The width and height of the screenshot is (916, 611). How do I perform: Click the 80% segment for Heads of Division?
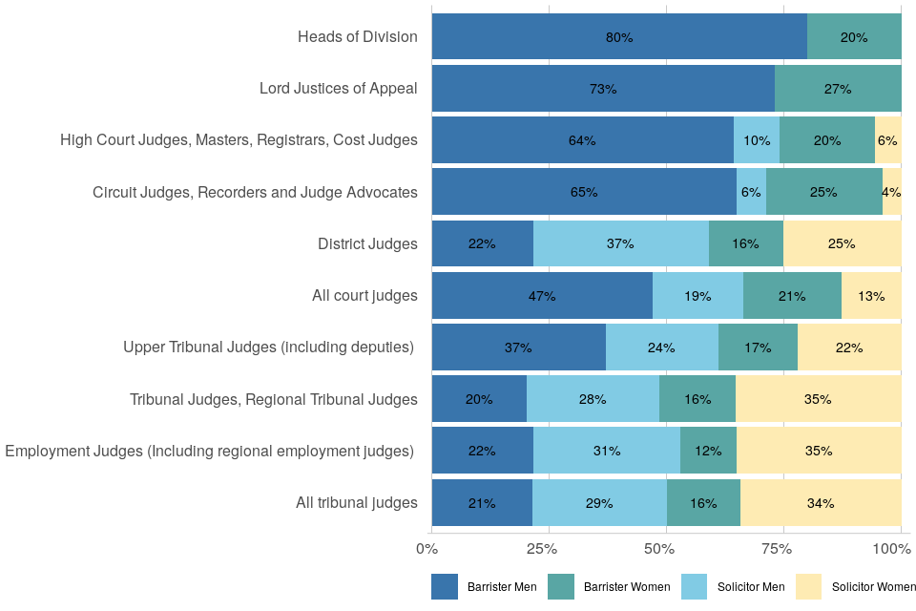click(x=619, y=37)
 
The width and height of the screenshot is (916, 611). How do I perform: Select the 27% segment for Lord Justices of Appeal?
click(x=838, y=89)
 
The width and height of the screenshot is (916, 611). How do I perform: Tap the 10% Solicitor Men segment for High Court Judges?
click(x=757, y=140)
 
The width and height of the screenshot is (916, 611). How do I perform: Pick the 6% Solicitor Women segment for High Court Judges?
click(x=888, y=140)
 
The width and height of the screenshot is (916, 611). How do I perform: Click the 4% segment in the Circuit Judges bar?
click(x=892, y=192)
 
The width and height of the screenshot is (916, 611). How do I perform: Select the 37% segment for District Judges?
click(x=621, y=243)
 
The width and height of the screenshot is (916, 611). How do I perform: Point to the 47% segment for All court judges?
click(x=542, y=296)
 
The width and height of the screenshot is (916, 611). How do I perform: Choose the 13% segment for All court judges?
click(x=871, y=296)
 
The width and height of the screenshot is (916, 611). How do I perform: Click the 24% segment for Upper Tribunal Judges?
click(x=662, y=348)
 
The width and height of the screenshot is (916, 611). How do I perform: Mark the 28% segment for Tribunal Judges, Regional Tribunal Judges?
click(x=593, y=399)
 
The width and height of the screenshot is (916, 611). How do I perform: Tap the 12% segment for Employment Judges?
click(x=708, y=451)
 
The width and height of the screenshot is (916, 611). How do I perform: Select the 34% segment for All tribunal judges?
click(x=821, y=502)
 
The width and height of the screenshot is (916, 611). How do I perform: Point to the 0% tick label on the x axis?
click(x=427, y=549)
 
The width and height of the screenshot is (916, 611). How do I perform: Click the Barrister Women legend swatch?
click(x=561, y=586)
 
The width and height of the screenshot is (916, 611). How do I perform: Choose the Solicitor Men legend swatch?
click(x=695, y=586)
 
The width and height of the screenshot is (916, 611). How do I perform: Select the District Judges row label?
click(x=367, y=243)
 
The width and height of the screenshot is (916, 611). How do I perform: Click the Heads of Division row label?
click(x=357, y=37)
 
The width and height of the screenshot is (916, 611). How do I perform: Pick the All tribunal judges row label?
click(x=356, y=502)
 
